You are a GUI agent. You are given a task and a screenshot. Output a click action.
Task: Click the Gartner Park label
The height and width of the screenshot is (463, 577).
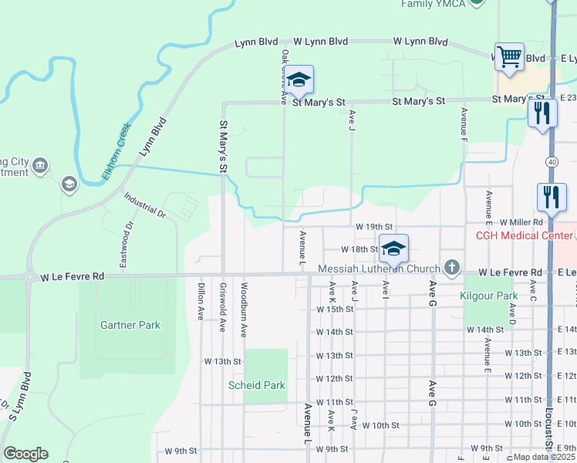(130, 325)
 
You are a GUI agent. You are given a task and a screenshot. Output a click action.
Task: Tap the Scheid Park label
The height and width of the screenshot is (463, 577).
(256, 385)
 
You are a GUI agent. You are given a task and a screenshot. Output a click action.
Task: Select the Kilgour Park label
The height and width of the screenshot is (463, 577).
(488, 296)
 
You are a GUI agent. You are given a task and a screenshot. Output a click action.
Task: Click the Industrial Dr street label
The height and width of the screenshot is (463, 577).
(144, 204)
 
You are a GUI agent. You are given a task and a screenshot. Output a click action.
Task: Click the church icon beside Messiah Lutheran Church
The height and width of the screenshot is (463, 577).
(452, 269)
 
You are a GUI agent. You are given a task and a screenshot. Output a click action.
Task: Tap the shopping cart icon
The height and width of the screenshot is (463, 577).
(508, 56)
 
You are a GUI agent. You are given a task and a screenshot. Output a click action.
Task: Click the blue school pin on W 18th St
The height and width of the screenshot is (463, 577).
(393, 248)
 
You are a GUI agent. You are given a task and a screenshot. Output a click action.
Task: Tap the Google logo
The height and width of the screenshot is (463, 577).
(25, 454)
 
